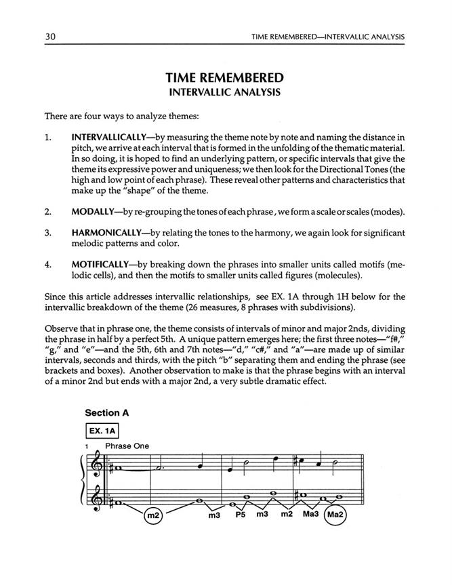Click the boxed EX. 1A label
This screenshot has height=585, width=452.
pos(101,431)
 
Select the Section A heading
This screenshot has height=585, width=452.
pos(106,412)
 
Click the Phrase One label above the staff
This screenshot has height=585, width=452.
pos(127,446)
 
